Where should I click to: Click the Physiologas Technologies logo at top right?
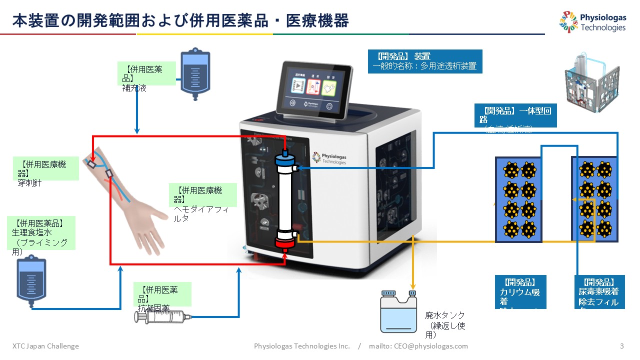[593, 22]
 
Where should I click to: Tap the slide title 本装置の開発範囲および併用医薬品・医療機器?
[180, 20]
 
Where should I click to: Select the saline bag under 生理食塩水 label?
[30, 282]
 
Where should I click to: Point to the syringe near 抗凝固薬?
[163, 316]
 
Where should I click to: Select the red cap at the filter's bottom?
[285, 245]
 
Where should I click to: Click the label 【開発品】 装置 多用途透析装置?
[424, 61]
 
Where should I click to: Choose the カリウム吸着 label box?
[520, 292]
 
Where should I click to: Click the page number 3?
[621, 346]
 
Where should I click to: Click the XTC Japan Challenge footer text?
[45, 346]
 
